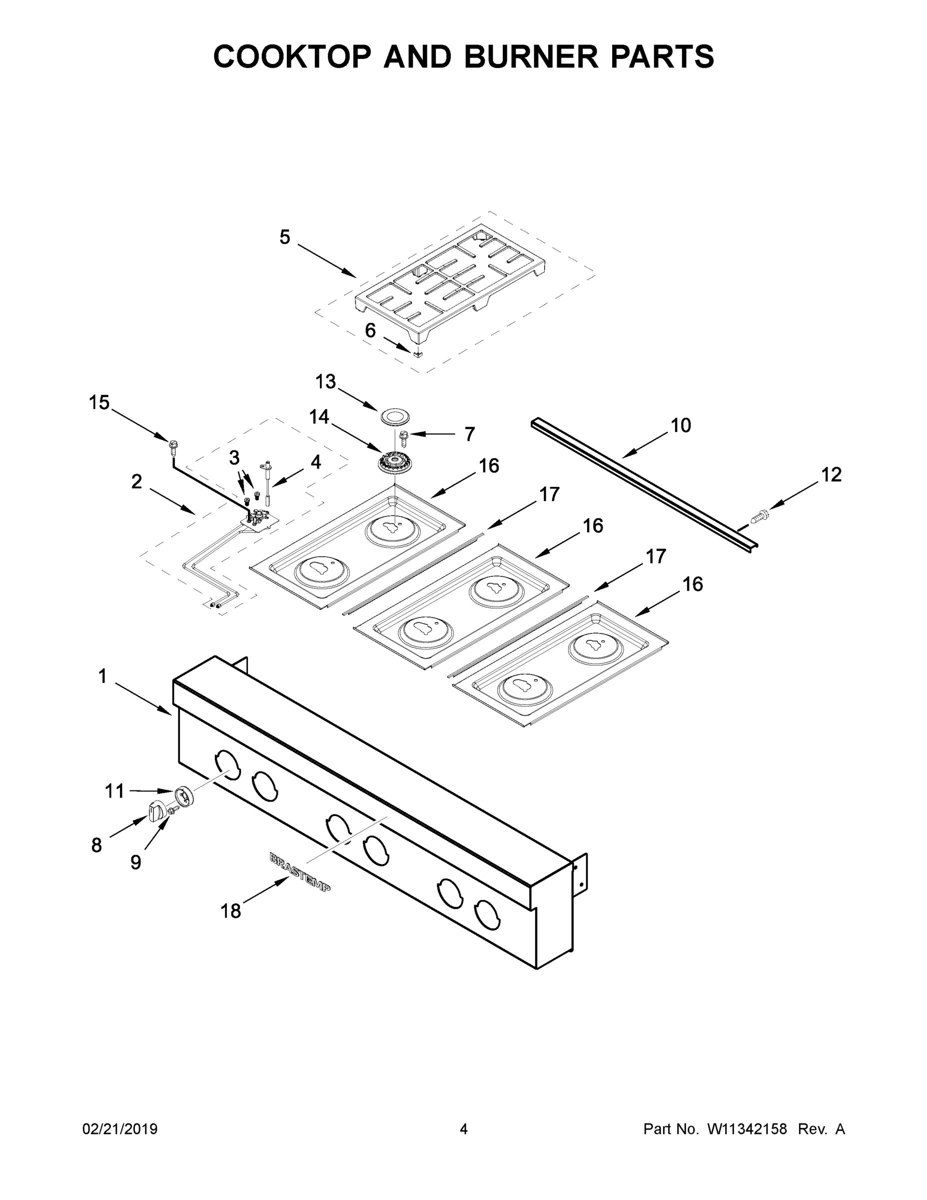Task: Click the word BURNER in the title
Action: click(531, 56)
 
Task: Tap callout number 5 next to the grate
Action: click(284, 237)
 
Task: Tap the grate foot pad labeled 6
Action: click(419, 354)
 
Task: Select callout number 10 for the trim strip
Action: click(681, 425)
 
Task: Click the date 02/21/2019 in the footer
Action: click(120, 1128)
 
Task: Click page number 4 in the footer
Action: click(464, 1128)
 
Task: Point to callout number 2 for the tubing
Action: click(136, 482)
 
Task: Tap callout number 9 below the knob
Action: click(135, 862)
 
